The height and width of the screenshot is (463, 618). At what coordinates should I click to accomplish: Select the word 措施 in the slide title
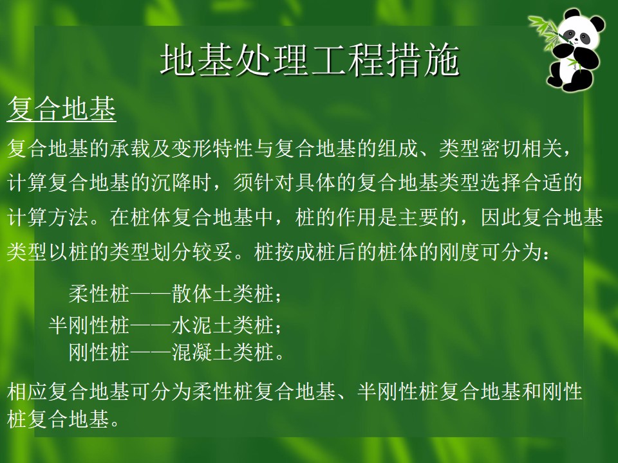(423, 60)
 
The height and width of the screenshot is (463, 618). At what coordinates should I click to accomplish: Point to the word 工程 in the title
(348, 60)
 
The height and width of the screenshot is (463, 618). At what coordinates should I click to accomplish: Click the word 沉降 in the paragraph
(171, 183)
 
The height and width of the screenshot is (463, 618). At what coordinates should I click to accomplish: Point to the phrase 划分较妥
(192, 252)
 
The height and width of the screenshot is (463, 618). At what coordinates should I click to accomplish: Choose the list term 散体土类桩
(223, 294)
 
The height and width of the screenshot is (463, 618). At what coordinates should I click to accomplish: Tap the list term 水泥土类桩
(223, 325)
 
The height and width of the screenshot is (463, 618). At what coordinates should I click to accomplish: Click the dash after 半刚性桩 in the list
(151, 326)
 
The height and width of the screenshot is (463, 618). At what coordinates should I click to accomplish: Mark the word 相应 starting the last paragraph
(28, 392)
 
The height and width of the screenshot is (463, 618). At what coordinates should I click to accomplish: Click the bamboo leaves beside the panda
(545, 32)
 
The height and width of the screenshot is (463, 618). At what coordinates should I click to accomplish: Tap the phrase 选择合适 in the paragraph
(521, 183)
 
